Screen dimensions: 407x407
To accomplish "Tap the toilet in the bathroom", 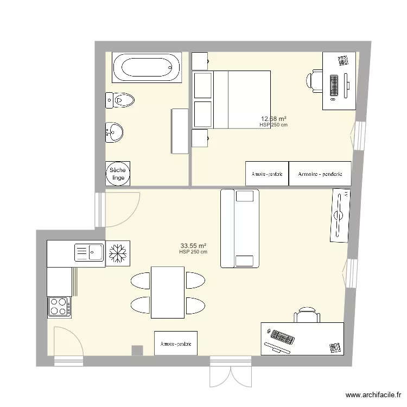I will coord(122,100).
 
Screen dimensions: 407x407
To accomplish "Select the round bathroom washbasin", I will coord(115,131).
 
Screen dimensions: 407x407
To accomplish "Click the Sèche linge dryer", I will coord(118,174).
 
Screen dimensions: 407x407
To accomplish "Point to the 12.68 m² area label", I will coord(274,119).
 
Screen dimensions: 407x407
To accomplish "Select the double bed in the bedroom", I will coord(241,99).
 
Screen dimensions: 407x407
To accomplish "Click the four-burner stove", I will coord(60,306).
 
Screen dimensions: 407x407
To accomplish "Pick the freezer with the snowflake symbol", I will coord(118,253).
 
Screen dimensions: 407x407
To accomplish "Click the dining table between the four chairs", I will coord(168,292).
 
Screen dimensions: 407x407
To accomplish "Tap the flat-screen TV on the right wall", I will coord(339,215).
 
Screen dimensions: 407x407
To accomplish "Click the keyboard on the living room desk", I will coord(282,337).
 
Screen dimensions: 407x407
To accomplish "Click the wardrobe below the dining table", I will coord(176,343).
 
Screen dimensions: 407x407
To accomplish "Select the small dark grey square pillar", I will coord(138,351).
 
